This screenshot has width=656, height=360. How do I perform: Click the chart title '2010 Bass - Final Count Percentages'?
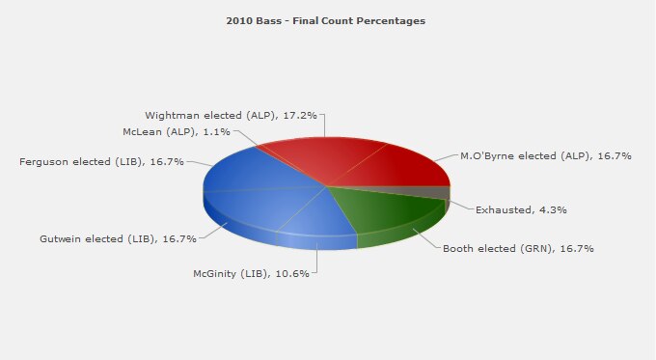325,20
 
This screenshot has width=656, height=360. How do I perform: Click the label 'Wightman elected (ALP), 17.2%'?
231,115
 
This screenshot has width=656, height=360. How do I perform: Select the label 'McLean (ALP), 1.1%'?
177,131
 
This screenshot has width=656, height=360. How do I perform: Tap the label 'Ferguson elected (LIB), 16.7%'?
101,161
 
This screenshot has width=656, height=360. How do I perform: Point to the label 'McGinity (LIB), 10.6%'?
251,273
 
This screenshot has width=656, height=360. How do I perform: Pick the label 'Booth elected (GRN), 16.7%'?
517,248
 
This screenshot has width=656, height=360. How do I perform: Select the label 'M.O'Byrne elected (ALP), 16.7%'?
545,154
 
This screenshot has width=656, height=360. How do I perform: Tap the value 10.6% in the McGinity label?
292,273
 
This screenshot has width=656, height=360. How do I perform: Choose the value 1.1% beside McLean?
218,131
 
